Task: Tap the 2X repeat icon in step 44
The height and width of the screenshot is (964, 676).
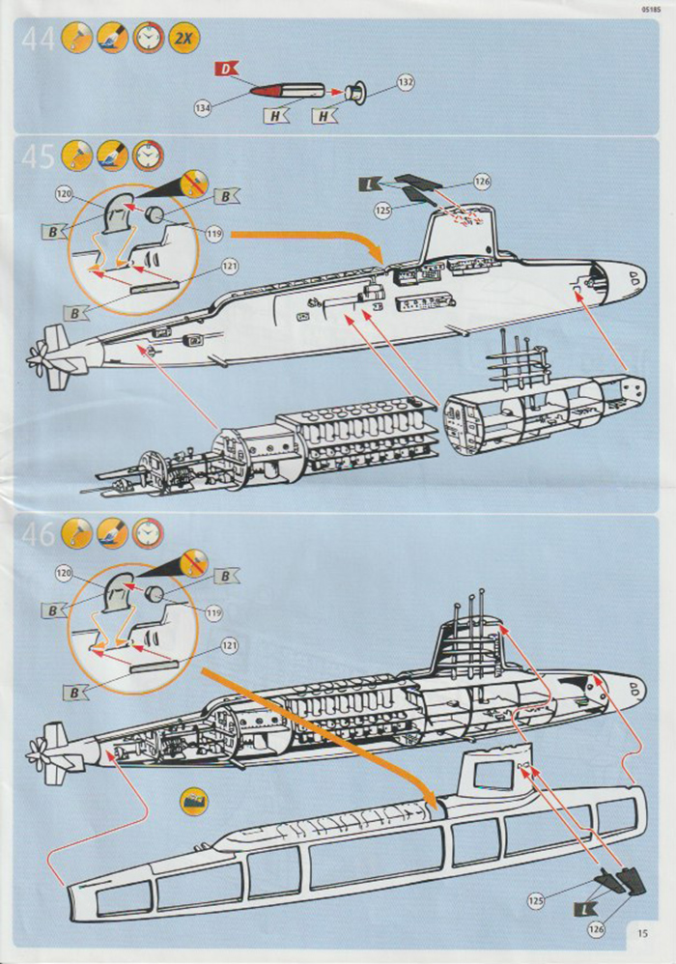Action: [x=182, y=40]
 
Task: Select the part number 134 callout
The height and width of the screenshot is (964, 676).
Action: [x=202, y=109]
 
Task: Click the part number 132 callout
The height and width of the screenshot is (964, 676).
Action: [x=406, y=83]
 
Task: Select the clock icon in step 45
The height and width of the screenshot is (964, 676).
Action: [x=148, y=155]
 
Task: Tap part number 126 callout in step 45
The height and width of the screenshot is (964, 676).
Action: [x=482, y=180]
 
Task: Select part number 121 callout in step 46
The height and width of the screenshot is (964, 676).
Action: [x=229, y=644]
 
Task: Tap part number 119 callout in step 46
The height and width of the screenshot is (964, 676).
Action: [x=212, y=611]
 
